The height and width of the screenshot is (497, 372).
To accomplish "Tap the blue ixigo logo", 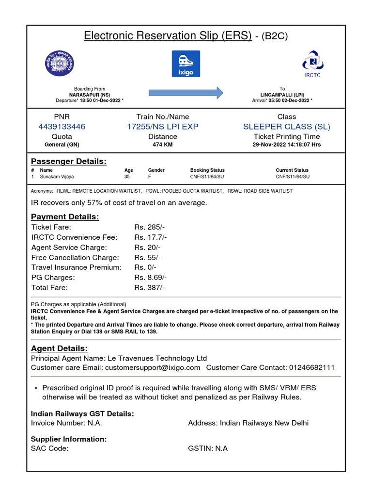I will pos(186,64).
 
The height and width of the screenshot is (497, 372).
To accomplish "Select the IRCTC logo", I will pos(311,64).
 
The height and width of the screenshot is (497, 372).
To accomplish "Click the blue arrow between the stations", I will pos(186,92).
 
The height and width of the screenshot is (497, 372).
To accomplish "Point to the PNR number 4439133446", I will pos(62,127).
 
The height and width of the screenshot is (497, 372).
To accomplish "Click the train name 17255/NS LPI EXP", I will pos(162,127).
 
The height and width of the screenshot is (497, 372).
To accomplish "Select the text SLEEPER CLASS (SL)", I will pos(286,127).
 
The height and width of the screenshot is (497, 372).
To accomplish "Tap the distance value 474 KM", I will pos(162,145).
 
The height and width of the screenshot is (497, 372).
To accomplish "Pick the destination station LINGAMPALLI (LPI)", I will pos(282,95).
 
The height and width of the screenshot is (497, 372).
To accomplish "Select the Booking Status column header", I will pos(207,170).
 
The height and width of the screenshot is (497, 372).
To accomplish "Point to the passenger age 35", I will pos(127,177).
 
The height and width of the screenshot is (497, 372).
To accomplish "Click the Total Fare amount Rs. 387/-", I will pos(150,288).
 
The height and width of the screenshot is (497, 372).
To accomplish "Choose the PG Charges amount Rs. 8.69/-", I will pos(151,278).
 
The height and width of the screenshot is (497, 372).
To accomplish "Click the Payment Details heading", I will pos(65,216).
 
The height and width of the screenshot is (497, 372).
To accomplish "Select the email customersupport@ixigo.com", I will pos(153,368).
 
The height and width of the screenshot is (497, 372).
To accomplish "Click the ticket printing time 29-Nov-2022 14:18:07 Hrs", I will pos(286,145).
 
